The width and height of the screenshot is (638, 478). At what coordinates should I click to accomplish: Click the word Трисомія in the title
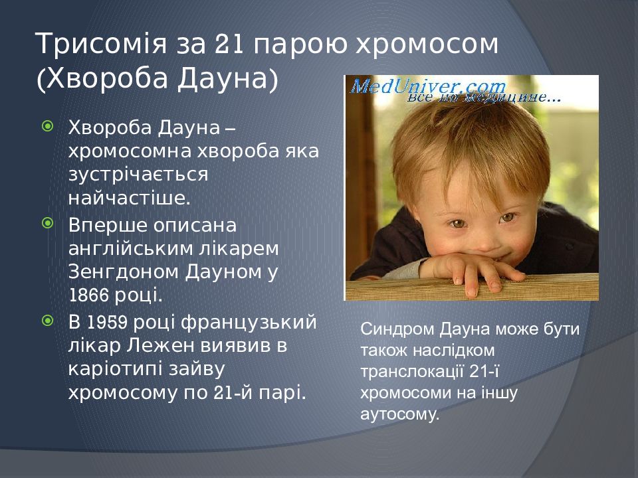[x=101, y=44]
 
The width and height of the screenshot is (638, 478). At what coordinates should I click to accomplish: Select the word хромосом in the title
[x=427, y=44]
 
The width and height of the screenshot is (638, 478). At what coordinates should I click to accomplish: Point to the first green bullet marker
[x=48, y=126]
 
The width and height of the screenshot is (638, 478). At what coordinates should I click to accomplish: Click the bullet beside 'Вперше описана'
[x=48, y=223]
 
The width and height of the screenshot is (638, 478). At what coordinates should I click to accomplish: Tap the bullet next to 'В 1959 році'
[x=48, y=321]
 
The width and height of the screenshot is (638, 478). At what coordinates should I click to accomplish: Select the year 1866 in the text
[x=88, y=295]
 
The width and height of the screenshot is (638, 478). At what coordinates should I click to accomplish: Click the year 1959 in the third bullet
[x=107, y=323]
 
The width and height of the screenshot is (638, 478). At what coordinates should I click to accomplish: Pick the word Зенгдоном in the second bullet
[x=124, y=272]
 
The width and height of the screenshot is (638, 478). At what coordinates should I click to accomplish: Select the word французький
[x=249, y=323]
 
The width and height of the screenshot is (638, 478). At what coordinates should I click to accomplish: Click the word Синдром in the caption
[x=397, y=329]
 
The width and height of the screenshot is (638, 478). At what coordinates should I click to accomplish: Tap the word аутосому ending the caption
[x=400, y=414]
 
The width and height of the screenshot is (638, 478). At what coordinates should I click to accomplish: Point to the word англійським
[x=130, y=248]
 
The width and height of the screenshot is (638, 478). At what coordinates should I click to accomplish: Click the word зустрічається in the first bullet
[x=138, y=175]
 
